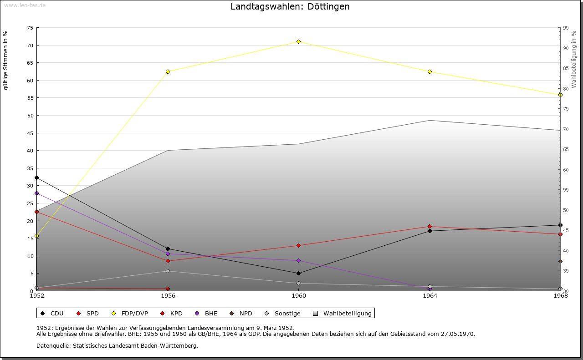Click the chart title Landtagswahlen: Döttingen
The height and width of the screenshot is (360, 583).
pos(290,7)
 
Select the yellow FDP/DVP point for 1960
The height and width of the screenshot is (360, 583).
pos(299,41)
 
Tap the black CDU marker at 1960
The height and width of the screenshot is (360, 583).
pos(299,273)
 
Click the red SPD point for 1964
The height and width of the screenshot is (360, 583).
pos(430,226)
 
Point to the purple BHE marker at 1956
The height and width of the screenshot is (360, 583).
pos(168,254)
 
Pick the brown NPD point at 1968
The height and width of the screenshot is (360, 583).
pos(560,261)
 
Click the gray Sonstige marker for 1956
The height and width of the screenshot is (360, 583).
pos(168,271)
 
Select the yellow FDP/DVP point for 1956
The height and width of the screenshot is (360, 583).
pos(168,71)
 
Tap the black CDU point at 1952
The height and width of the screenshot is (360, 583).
pos(36,177)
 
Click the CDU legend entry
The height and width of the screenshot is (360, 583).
pos(52,313)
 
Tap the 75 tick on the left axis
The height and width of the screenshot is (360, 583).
pos(30,28)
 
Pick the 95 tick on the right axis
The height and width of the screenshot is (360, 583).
pos(565,28)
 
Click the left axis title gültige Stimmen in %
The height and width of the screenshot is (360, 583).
pos(6,60)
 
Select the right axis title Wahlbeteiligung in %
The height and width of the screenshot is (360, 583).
pos(574,60)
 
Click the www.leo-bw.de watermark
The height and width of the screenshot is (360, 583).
pos(25,5)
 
